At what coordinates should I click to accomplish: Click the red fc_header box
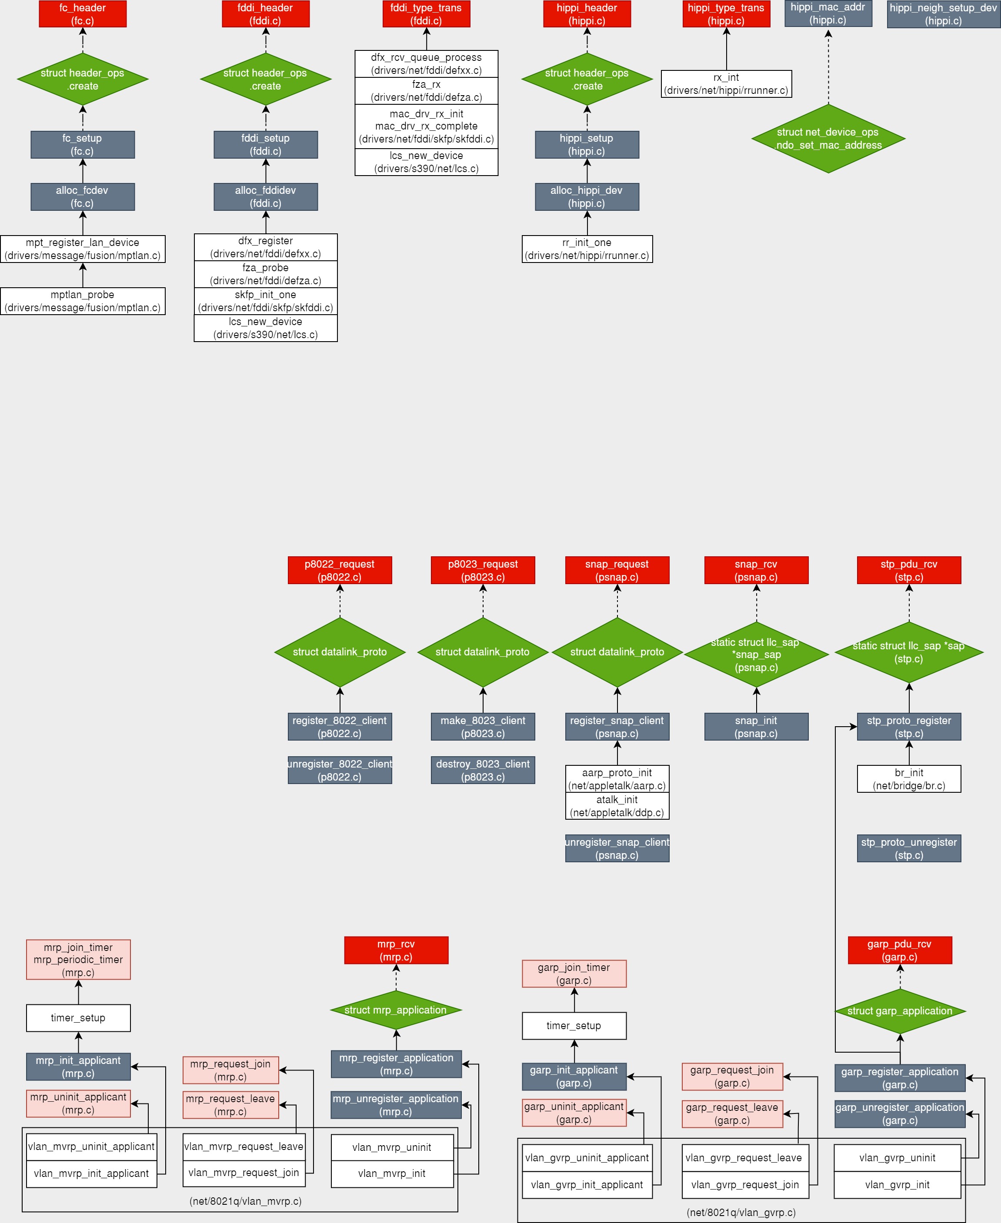[x=83, y=14]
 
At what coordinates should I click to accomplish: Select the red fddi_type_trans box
[x=426, y=14]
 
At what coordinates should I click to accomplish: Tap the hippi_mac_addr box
[x=828, y=13]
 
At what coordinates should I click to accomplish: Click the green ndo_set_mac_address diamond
[x=828, y=138]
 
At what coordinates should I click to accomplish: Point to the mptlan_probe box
[x=83, y=301]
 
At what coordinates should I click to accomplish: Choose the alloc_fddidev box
[x=266, y=196]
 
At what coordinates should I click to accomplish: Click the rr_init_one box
[x=587, y=249]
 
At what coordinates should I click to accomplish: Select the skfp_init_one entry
[x=266, y=301]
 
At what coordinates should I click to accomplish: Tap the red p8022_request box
[x=340, y=570]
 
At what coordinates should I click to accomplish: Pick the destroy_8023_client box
[x=483, y=770]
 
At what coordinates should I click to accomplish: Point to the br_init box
[x=909, y=779]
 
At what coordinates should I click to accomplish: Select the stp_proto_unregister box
[x=909, y=848]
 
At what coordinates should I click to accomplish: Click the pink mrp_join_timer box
[x=78, y=960]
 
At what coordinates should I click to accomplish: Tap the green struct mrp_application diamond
[x=396, y=1010]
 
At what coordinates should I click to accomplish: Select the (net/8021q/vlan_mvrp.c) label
[x=246, y=1201]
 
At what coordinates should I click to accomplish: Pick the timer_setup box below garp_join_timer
[x=574, y=1026]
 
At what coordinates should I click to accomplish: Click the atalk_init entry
[x=617, y=806]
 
